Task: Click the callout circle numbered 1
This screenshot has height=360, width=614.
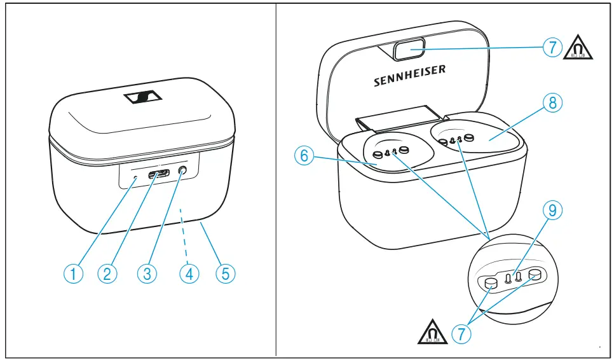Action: [76, 273]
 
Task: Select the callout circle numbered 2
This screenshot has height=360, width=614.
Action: [108, 273]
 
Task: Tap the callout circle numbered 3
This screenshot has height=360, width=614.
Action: [147, 273]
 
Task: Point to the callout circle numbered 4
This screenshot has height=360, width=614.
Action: [189, 273]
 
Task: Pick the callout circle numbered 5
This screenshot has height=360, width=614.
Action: [225, 273]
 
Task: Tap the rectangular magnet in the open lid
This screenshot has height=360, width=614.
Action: [409, 49]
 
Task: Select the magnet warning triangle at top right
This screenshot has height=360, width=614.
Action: [578, 48]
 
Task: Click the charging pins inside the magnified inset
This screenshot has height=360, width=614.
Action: [513, 277]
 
